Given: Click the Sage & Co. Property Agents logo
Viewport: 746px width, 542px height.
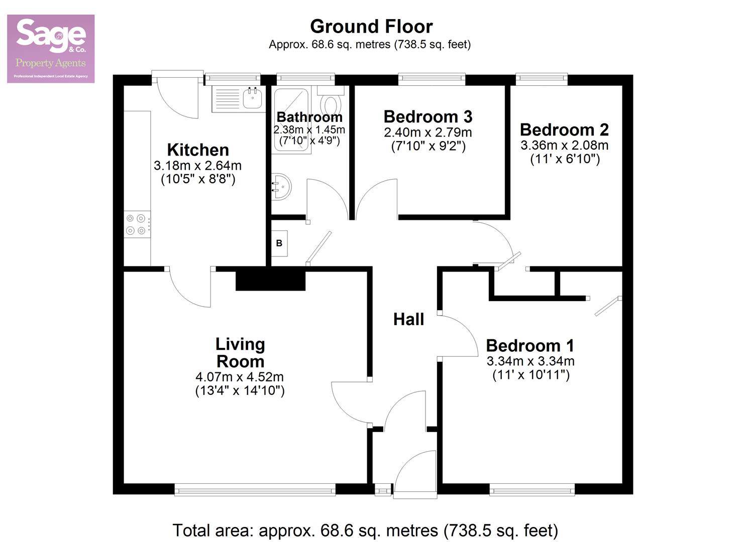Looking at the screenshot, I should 51,49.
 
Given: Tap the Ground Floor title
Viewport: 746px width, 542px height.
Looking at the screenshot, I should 371,26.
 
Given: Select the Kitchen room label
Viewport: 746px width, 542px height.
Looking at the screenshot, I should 198,150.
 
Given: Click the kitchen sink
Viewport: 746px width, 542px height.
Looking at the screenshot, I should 253,98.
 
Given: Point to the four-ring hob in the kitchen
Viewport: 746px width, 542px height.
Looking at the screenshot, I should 137,224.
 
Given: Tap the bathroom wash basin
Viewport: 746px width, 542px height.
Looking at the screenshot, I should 280,187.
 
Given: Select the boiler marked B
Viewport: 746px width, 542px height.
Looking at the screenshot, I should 279,243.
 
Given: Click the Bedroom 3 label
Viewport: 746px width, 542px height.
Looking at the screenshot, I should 428,116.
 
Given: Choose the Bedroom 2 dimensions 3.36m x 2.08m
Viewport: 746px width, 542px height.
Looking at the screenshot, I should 564,146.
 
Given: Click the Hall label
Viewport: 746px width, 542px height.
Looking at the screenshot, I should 408,319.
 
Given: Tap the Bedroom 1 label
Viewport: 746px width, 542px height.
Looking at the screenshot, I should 530,346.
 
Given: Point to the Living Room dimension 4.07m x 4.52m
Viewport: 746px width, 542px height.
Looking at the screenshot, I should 240,376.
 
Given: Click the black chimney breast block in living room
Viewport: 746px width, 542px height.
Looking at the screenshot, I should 270,279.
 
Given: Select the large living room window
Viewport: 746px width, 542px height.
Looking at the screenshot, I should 255,489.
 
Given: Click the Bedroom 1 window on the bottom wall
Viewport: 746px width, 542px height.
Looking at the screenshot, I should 532,489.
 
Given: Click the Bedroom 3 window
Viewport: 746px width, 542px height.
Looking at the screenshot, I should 432,78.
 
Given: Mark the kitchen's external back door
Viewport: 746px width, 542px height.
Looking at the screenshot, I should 177,95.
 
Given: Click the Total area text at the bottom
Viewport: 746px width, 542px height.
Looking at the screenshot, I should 365,530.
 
